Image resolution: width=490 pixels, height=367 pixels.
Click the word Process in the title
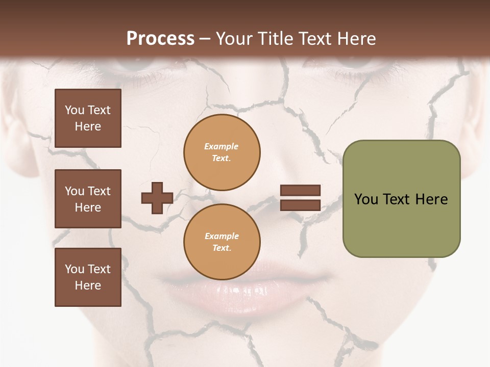coord(160,39)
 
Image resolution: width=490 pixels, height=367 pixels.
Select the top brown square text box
coord(88,118)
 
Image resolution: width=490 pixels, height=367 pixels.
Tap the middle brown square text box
coord(88,199)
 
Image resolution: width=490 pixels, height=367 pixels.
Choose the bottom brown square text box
coord(88,277)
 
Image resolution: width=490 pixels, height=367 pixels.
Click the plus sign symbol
coord(157,198)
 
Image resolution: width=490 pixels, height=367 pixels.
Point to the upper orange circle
coord(222,152)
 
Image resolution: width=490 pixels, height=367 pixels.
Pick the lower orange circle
coord(222,242)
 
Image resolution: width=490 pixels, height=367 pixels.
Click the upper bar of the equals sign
coord(300,190)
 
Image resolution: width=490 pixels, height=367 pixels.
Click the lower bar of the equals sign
coord(300,205)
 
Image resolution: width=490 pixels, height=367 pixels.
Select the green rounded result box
coord(401,199)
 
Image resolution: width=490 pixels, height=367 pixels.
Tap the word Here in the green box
coord(431,199)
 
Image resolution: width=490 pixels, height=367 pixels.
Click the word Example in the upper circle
coord(222,146)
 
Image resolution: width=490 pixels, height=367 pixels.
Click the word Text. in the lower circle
coord(222,248)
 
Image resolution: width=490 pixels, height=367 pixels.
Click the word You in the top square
coord(75,110)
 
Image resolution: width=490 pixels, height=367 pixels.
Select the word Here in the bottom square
coord(88,285)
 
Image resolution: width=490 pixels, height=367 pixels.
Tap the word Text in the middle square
coord(99,191)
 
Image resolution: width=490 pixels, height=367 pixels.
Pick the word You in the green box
coord(366,199)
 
